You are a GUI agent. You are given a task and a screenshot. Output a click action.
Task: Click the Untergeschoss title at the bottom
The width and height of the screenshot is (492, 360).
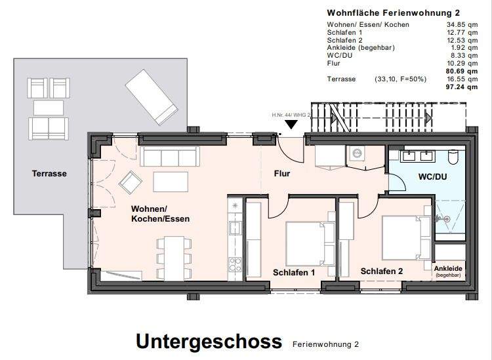pos(209,341)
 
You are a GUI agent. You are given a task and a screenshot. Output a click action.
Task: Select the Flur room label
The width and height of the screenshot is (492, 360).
pos(282,174)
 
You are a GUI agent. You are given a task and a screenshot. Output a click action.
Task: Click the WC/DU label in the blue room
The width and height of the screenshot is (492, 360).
pos(432,177)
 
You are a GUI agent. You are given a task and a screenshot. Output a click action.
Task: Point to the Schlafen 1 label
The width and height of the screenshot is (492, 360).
pos(295,271)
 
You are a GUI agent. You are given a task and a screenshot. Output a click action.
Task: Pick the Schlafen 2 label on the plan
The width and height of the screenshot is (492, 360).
pos(382,271)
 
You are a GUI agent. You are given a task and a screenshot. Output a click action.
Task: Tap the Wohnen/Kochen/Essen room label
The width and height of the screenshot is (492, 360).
pos(161,214)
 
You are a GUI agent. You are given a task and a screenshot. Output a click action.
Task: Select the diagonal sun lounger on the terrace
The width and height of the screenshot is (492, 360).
pos(152,96)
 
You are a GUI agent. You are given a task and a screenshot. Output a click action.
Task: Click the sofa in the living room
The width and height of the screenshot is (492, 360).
pos(170,157)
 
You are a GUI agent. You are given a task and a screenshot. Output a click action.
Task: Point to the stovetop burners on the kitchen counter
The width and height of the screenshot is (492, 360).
pos(235,265)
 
